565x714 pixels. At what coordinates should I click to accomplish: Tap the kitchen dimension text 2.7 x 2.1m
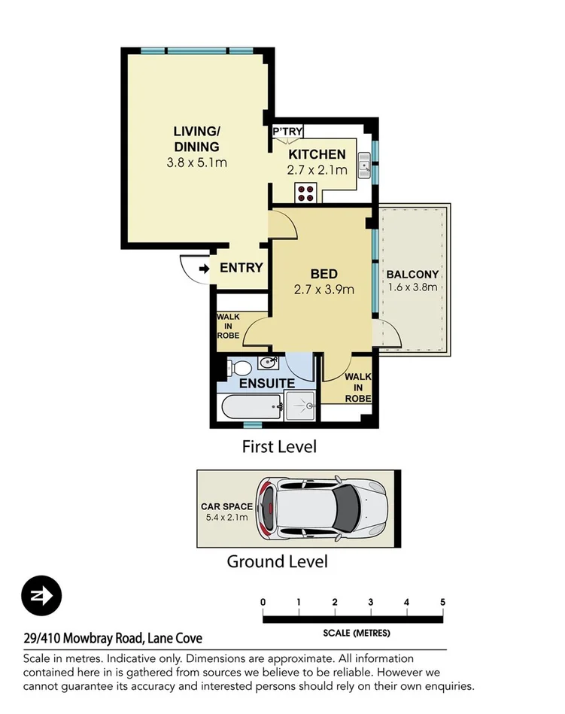click(317, 170)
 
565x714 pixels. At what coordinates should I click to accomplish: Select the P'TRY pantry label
click(287, 132)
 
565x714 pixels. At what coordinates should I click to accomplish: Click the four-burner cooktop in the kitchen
click(305, 192)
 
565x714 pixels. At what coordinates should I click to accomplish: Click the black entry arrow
click(205, 268)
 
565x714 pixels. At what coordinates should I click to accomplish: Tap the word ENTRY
click(241, 268)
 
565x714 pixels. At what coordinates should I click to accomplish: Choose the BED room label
click(324, 274)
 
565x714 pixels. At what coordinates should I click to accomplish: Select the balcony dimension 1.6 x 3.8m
click(412, 287)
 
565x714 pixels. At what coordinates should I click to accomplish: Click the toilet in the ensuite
click(239, 369)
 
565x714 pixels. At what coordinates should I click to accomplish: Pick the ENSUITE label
click(267, 384)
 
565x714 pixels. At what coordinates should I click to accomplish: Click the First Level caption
click(279, 446)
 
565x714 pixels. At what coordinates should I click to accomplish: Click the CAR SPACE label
click(226, 507)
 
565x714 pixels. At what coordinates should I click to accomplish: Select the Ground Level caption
click(277, 561)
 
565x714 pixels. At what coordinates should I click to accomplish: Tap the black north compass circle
click(41, 596)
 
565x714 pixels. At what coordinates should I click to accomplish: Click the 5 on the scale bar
click(443, 602)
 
